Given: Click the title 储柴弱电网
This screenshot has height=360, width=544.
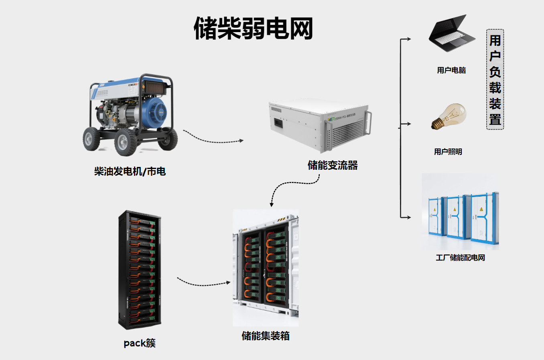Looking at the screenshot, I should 253,28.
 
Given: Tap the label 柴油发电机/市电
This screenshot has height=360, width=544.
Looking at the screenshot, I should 130,172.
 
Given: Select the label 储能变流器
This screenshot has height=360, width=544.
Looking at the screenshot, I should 333,165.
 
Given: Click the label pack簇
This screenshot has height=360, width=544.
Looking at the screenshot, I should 139,343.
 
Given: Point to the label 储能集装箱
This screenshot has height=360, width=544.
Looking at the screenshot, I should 266,336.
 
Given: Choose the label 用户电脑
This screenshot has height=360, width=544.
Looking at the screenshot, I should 451,70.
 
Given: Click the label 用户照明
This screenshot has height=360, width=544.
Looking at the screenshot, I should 448,152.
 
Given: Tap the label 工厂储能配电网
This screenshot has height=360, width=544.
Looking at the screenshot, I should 460,258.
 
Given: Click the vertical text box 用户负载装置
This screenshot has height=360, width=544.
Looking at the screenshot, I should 495,79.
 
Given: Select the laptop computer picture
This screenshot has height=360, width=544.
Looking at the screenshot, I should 451,35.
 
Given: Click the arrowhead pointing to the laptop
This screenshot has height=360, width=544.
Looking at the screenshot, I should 408,39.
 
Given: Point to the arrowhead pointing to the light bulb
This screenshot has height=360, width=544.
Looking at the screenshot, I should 408,124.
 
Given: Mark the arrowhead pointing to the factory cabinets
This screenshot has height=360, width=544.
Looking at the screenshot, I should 408,217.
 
